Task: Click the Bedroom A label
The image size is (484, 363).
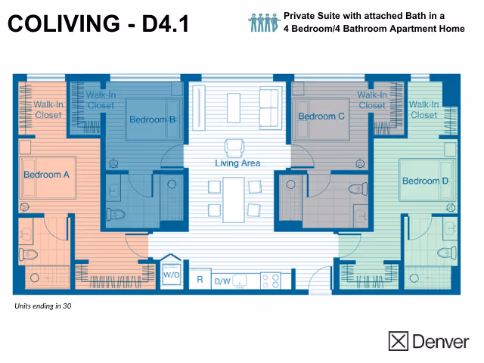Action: click(46, 175)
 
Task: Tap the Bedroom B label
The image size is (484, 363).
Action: click(152, 119)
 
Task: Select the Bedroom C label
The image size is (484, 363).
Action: click(321, 116)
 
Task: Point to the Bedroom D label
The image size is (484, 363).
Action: click(425, 181)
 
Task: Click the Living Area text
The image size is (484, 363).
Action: click(237, 163)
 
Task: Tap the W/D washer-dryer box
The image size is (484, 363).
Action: click(171, 275)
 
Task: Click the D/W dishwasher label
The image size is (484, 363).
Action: click(222, 281)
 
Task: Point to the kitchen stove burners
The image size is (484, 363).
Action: click(270, 281)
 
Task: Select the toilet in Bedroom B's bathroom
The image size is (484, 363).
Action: click(115, 213)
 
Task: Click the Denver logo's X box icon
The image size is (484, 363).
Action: click(398, 341)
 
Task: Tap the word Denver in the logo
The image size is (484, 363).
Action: click(440, 342)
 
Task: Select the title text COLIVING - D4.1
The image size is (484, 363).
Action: click(97, 25)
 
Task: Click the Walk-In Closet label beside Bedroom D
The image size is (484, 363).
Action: click(423, 110)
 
